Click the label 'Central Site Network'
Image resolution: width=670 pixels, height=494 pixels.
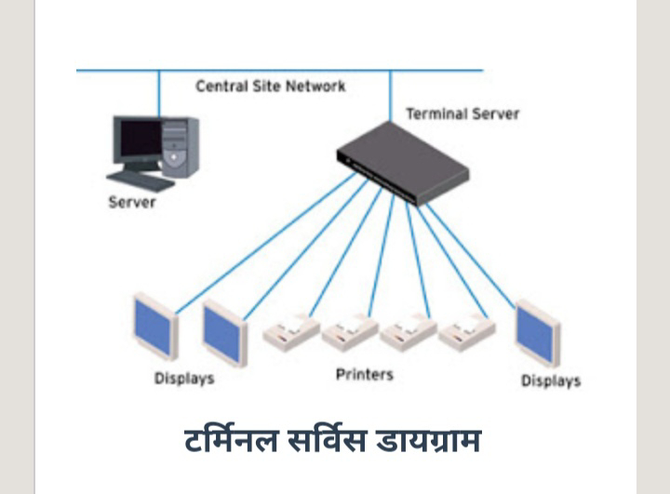(x=270, y=86)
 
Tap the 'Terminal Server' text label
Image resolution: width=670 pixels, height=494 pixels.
(x=462, y=114)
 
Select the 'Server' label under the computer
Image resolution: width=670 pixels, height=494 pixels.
(x=132, y=202)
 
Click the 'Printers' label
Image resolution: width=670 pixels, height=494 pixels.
(x=364, y=375)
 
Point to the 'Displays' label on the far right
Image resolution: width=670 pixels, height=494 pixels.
(x=550, y=381)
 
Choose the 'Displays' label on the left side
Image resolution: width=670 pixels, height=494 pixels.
(x=184, y=379)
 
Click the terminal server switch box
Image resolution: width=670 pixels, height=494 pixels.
(x=402, y=162)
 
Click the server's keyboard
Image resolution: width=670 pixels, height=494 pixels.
(x=139, y=180)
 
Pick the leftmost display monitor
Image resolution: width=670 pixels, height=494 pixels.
(x=155, y=327)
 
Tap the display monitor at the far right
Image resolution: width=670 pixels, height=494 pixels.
(x=537, y=332)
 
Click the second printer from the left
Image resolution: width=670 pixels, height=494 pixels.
(x=350, y=332)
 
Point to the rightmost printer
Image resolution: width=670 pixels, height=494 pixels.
(x=466, y=332)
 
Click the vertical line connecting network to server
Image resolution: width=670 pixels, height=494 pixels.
(x=159, y=92)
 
